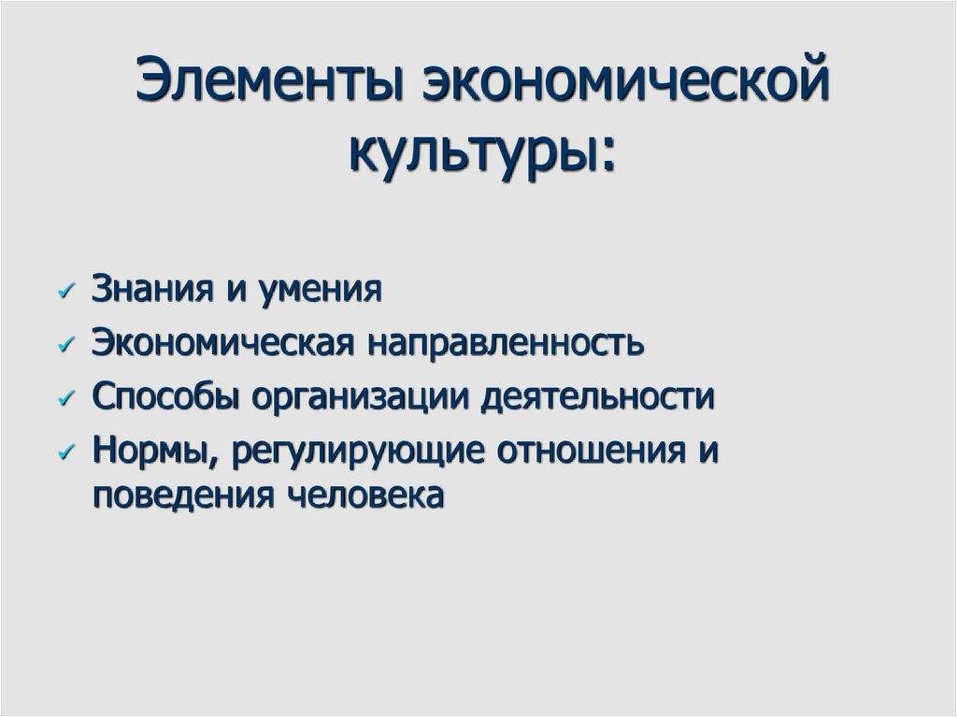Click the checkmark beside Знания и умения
click(64, 292)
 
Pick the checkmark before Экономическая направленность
click(64, 345)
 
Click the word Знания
click(150, 290)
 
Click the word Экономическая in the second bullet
click(221, 343)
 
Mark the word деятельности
click(597, 396)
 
